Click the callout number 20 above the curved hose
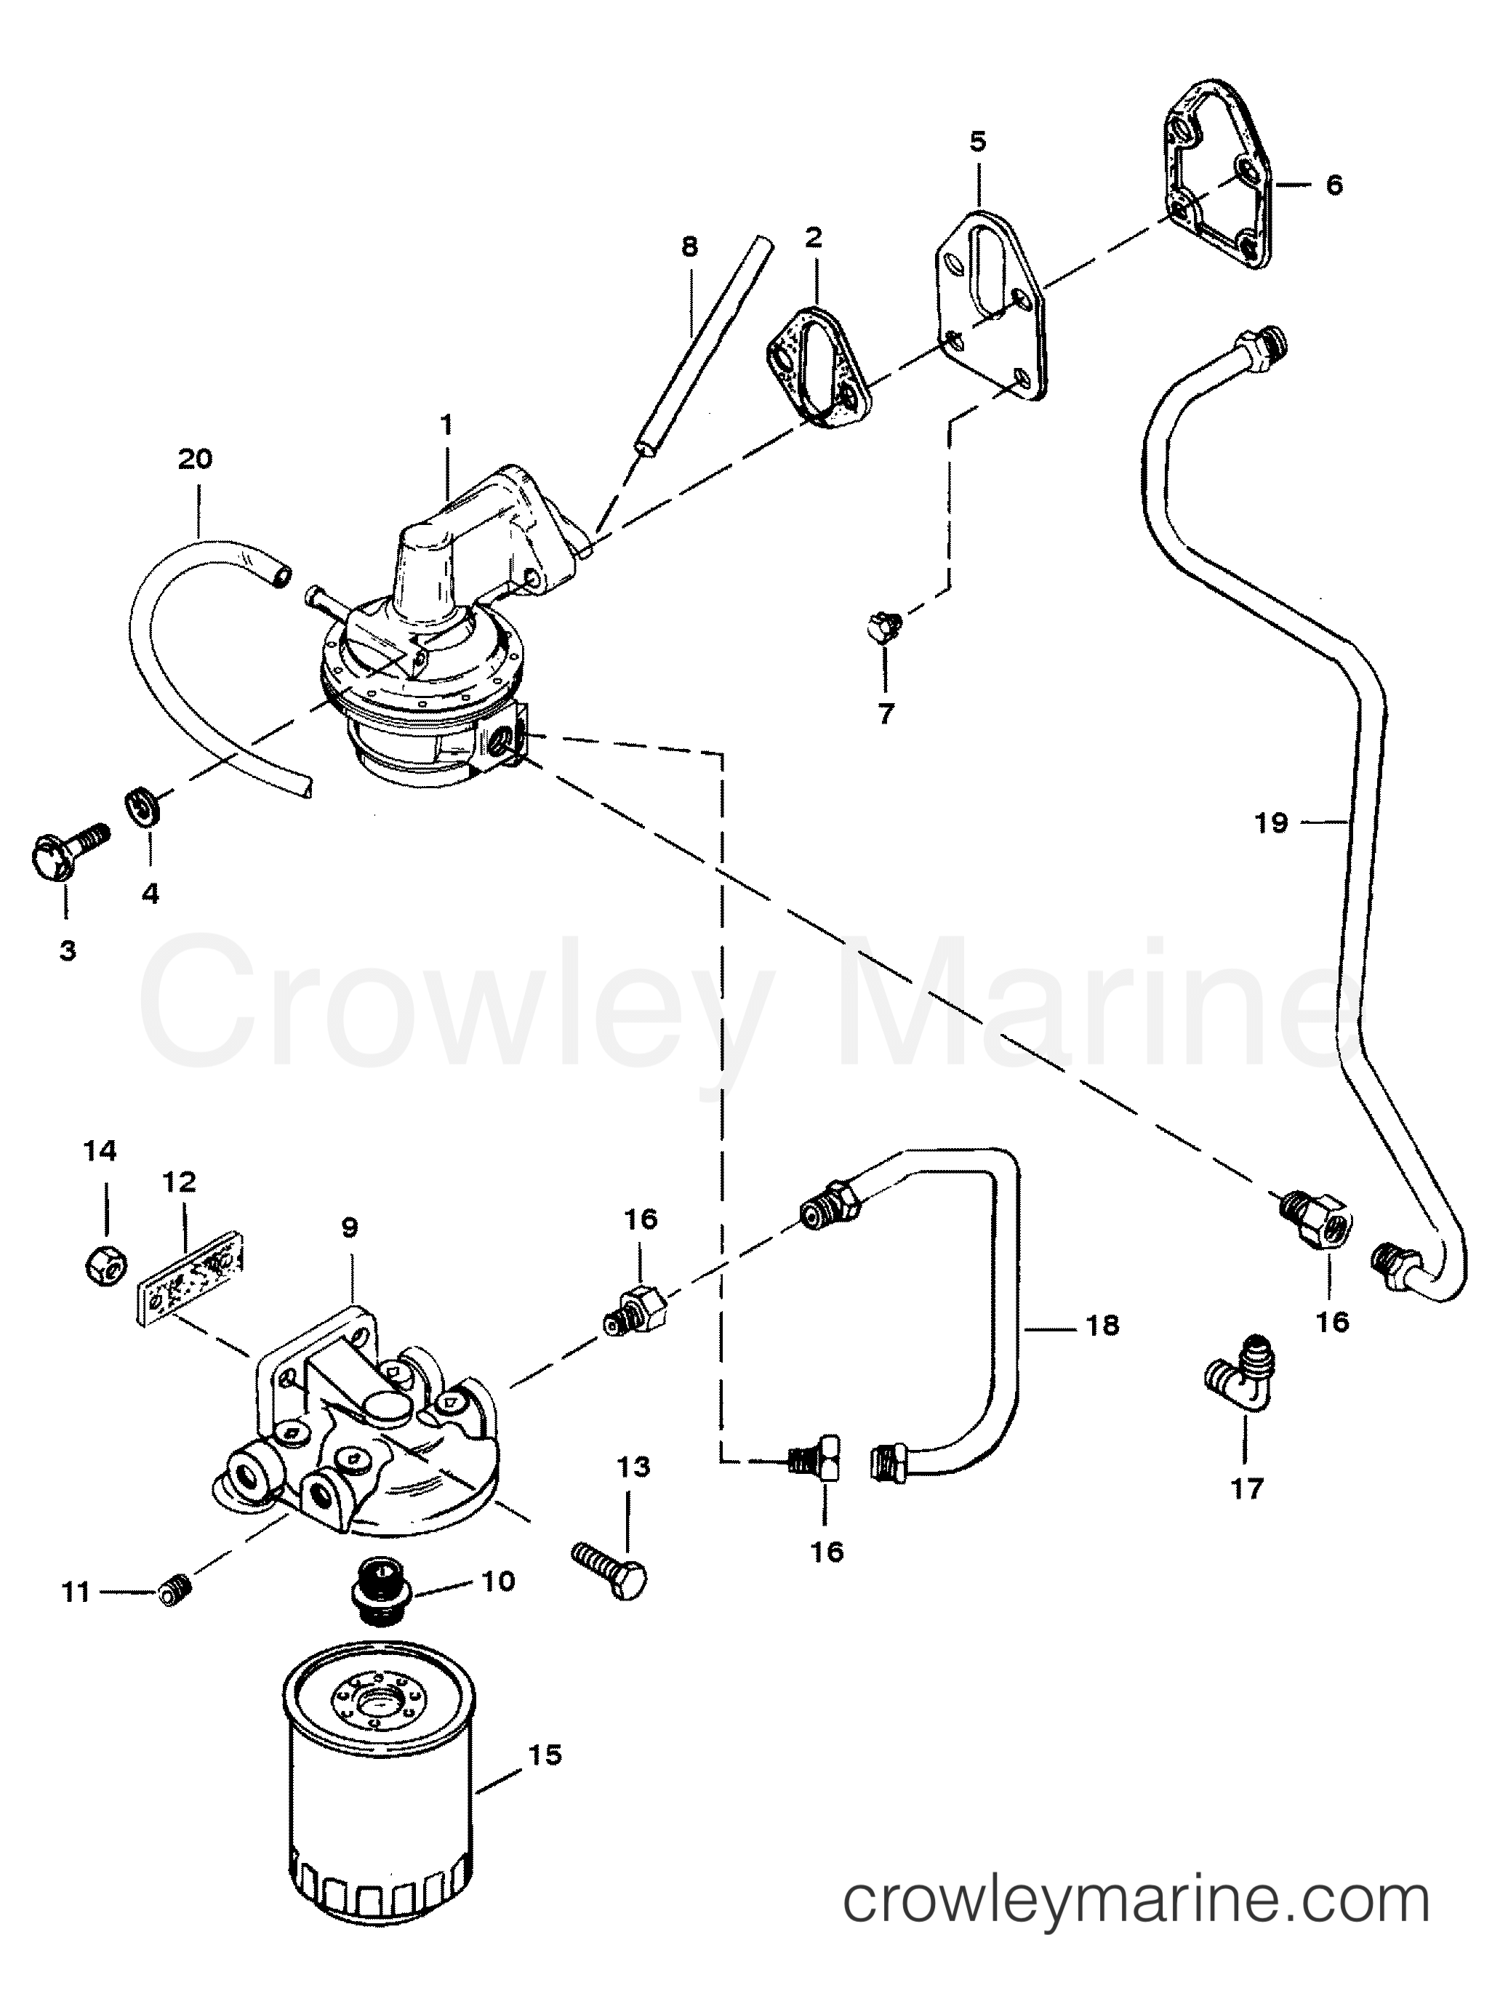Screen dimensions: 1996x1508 pos(195,460)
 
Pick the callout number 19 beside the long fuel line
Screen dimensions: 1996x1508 pos(1271,822)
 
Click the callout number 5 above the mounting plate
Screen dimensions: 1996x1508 pos(978,142)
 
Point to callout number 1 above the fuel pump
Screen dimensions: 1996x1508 pos(446,424)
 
